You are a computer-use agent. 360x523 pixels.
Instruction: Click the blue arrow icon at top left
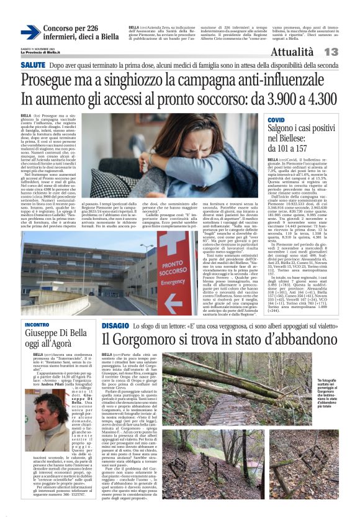30,33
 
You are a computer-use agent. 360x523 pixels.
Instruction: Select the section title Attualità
292,52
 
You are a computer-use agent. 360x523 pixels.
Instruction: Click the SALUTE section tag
32,65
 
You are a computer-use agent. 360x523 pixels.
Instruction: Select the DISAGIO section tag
116,325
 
